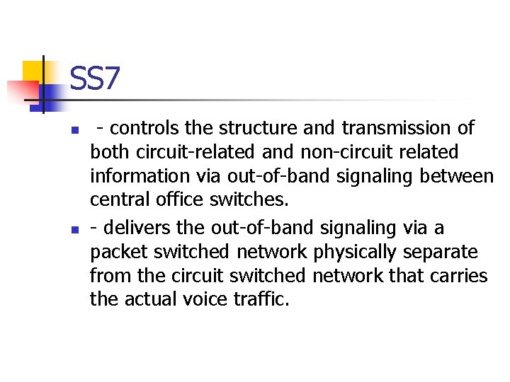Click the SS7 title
point(95,80)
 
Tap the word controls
point(144,128)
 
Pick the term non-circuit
point(356,152)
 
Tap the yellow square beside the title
point(34,71)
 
